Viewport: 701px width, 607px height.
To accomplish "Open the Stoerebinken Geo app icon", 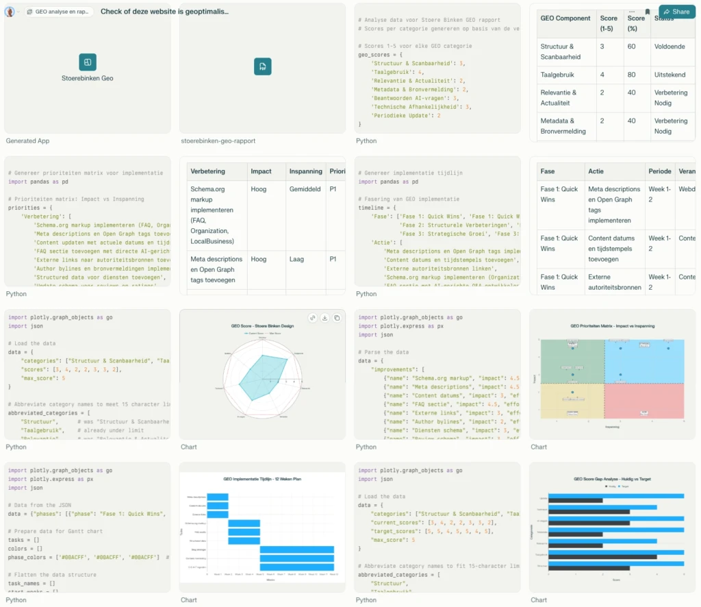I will tap(88, 62).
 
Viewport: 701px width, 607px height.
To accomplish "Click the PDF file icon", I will tap(262, 66).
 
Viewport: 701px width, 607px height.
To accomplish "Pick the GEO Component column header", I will tap(565, 18).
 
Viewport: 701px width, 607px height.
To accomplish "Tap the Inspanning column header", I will tap(305, 171).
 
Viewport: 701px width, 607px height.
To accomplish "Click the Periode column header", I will tap(660, 171).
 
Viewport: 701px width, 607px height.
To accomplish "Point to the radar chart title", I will tap(262, 326).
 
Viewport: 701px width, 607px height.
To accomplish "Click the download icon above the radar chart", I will tap(324, 318).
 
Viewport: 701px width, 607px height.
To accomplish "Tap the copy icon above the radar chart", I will tap(336, 318).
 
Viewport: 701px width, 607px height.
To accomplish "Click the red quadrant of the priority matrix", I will tap(644, 401).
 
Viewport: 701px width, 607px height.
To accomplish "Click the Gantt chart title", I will tap(262, 479).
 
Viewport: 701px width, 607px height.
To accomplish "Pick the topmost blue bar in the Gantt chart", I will tap(217, 497).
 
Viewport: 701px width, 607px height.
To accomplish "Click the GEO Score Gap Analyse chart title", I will tap(612, 479).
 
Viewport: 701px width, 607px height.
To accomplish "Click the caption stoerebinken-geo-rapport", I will tap(218, 141).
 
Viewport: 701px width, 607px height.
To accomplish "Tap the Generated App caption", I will tap(27, 141).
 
